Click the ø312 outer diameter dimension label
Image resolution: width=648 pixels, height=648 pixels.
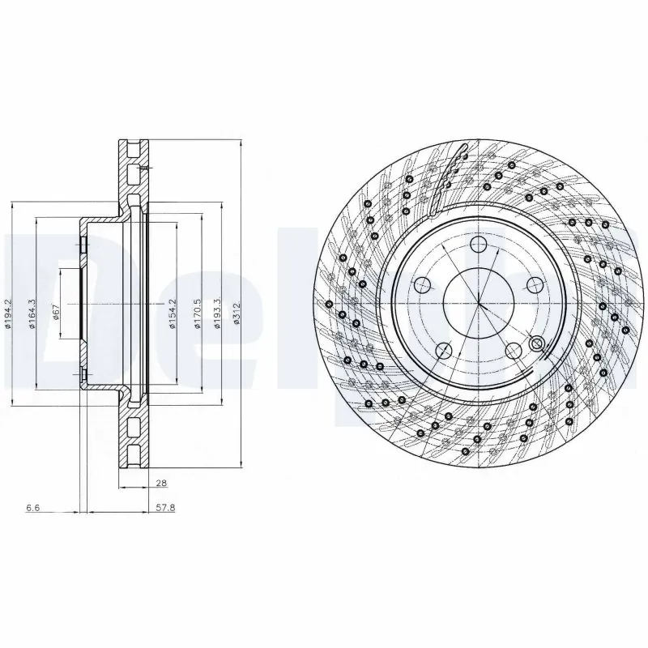click(236, 312)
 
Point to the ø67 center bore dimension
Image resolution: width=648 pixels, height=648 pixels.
click(55, 312)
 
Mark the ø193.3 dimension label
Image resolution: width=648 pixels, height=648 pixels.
click(216, 313)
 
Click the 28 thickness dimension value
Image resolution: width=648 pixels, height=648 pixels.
click(161, 483)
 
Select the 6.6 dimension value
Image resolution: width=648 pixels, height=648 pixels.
click(32, 508)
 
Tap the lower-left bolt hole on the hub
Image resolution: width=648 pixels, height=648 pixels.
click(443, 350)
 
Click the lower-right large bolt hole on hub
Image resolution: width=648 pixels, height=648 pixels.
click(514, 350)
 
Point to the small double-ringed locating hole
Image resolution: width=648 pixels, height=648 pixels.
click(535, 344)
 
